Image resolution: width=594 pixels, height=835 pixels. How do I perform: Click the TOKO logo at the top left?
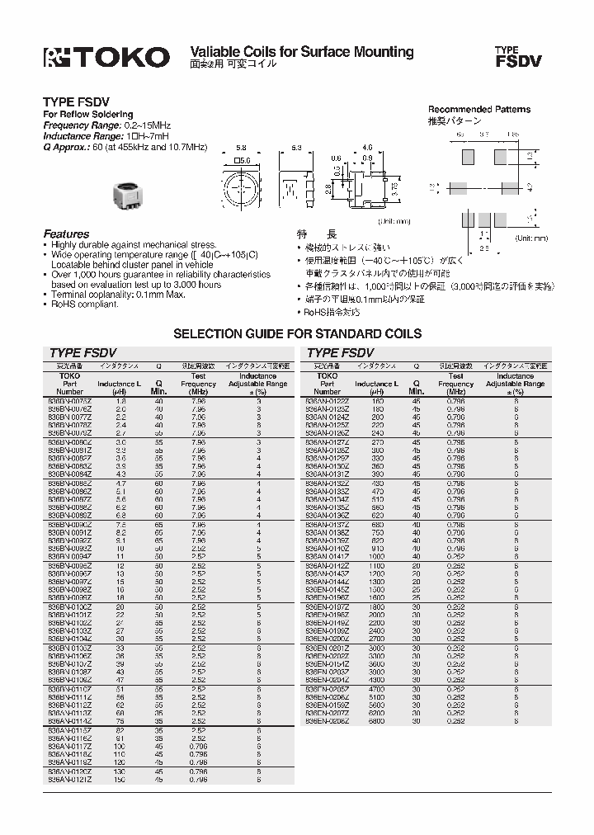106,56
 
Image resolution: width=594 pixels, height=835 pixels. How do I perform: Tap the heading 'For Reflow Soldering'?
87,115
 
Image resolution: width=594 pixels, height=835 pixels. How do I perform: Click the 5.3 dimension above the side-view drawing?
296,147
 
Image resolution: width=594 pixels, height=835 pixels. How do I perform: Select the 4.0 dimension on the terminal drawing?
368,148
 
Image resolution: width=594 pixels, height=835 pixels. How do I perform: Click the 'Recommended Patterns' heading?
478,110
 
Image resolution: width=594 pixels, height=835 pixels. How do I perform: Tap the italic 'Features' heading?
66,234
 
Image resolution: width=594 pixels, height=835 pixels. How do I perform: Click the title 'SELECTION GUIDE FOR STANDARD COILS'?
296,334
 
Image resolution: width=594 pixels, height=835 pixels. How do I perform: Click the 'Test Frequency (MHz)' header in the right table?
455,384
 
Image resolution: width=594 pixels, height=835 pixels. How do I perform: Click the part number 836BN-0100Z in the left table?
68,606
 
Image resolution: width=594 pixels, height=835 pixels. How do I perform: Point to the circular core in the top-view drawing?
243,187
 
